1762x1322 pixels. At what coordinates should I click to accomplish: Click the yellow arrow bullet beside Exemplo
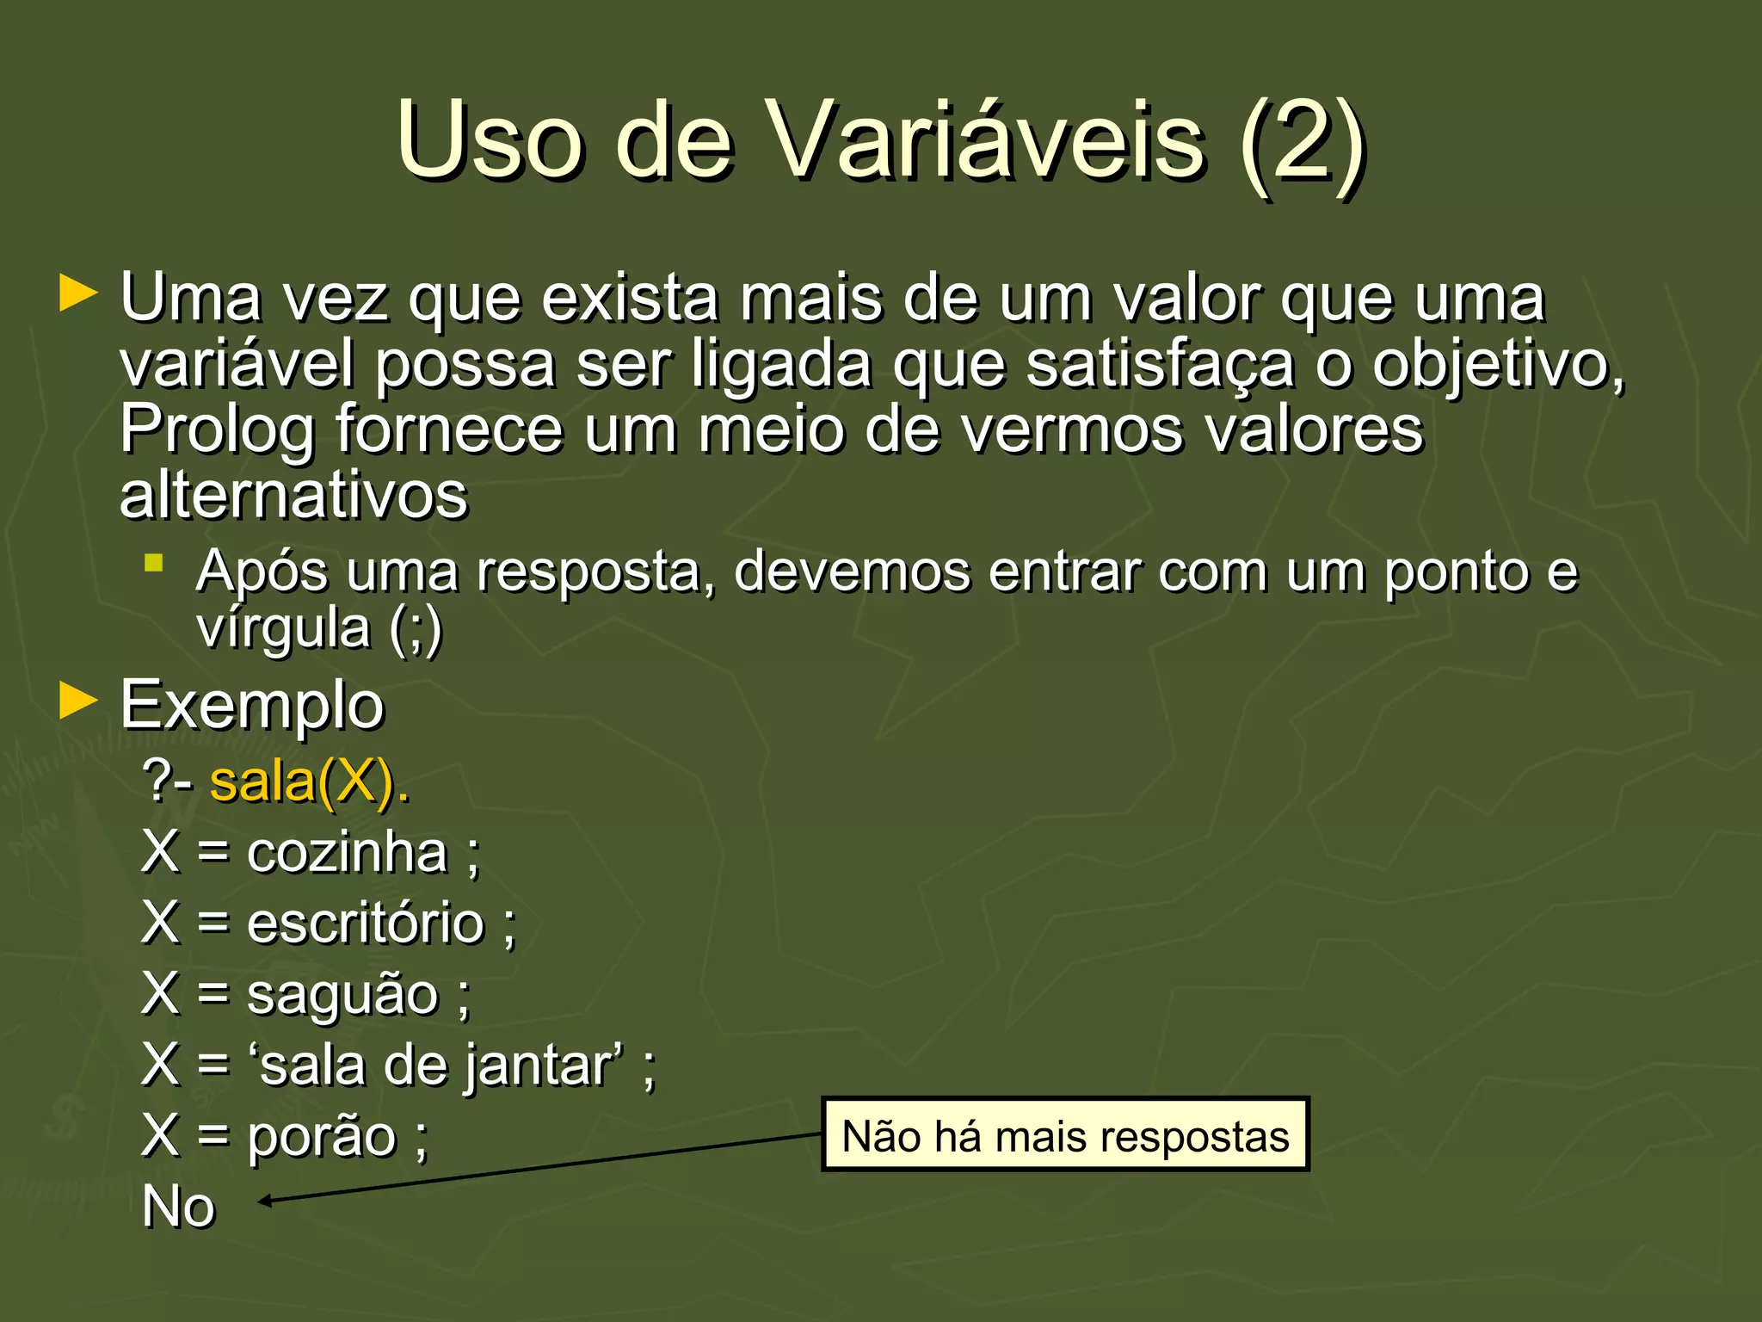tap(78, 701)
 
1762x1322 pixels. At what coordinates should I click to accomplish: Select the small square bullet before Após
tap(154, 564)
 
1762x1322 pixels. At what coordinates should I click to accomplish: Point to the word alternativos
tap(293, 496)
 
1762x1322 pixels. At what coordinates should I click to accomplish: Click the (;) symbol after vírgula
tap(416, 628)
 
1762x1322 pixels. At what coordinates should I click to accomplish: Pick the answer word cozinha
tap(348, 853)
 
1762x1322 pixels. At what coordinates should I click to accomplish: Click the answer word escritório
tap(366, 924)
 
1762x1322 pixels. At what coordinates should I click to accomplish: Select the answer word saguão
tap(342, 995)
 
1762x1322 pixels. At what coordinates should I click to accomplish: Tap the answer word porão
tap(322, 1137)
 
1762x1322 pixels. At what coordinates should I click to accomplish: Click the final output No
tap(178, 1207)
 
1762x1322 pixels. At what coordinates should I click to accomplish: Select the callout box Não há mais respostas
tap(1065, 1135)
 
